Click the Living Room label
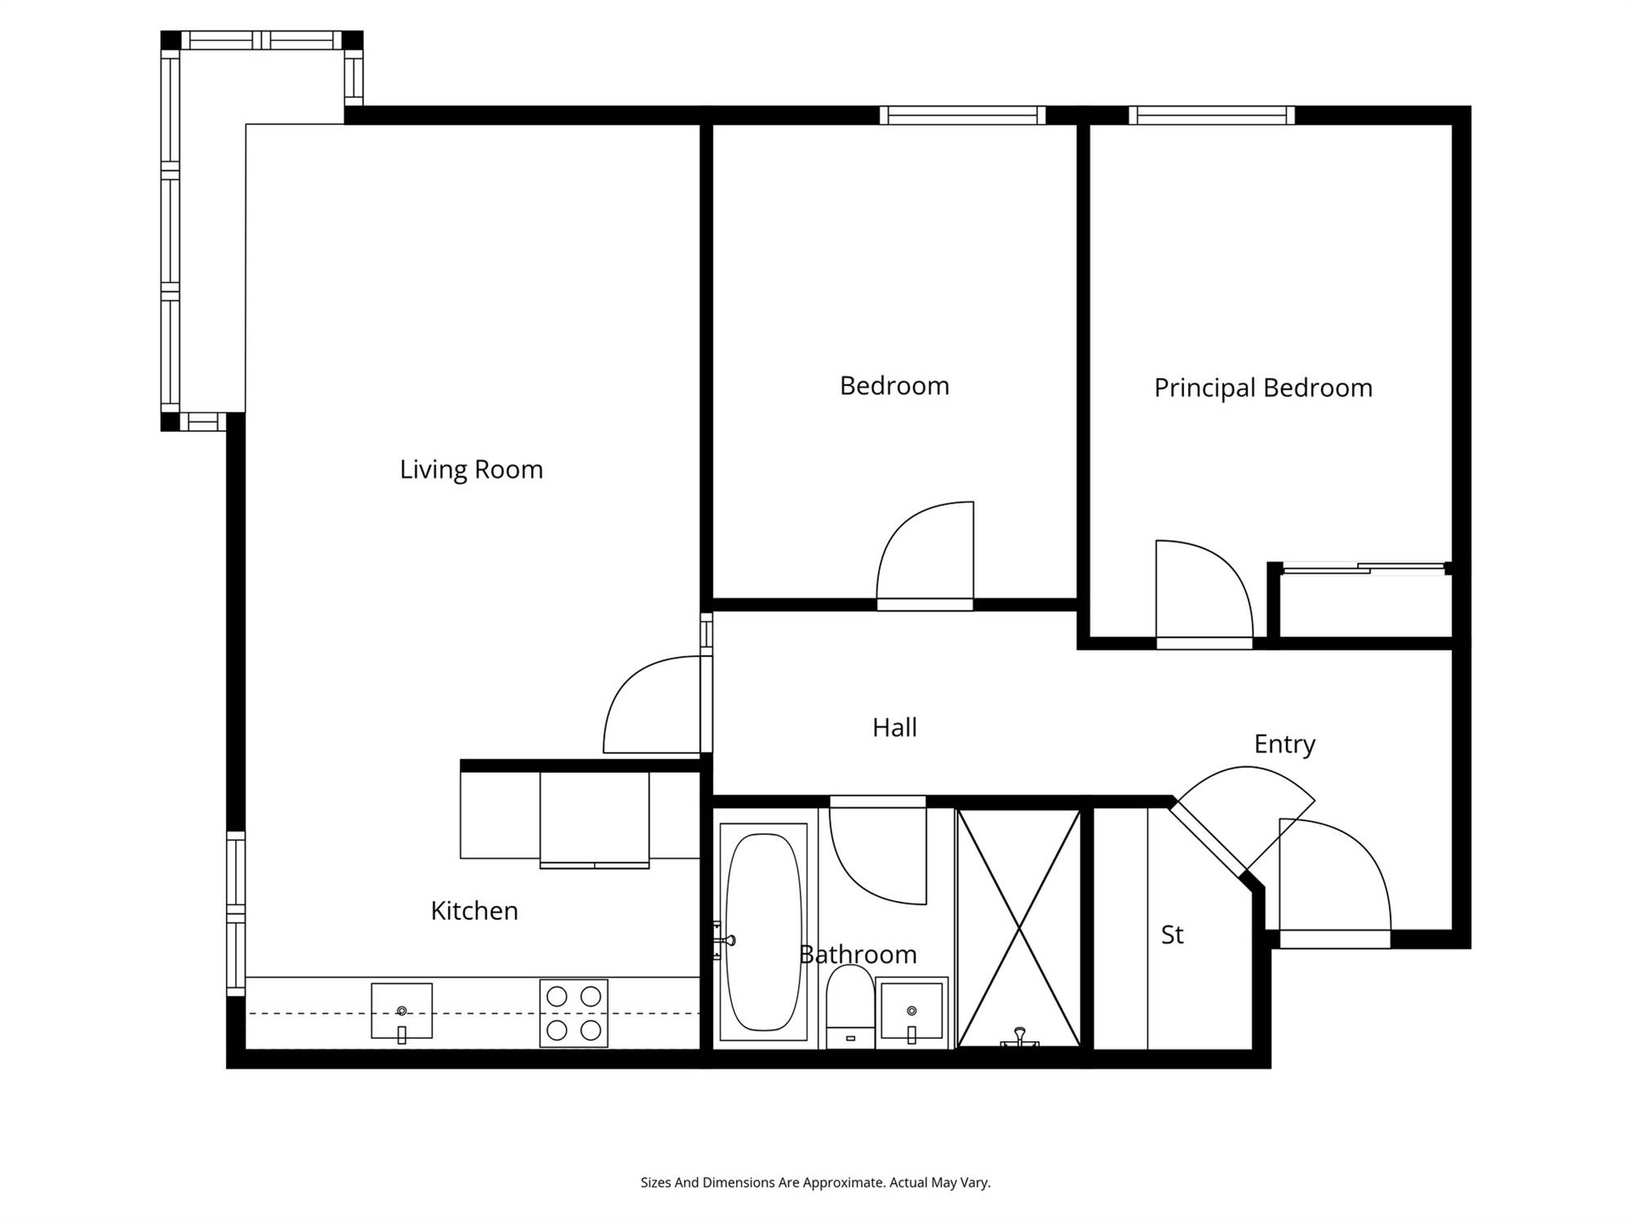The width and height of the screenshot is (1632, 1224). tap(471, 470)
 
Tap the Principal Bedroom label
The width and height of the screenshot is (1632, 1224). tap(1263, 388)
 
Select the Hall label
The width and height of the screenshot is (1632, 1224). tap(894, 727)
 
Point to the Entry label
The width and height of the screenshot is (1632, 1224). tap(1284, 744)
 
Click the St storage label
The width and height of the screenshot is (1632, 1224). tap(1172, 934)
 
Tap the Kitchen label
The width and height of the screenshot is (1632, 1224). tap(474, 911)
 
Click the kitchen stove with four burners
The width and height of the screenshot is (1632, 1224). tap(574, 1013)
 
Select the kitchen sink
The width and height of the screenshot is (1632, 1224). tap(401, 1012)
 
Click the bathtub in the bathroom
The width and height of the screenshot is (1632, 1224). tap(764, 932)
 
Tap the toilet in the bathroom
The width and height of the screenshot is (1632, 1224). tap(850, 1007)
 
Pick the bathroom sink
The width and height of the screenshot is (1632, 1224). tap(911, 1013)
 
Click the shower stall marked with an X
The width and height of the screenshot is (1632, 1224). tap(1019, 928)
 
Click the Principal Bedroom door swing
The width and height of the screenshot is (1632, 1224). tap(1204, 594)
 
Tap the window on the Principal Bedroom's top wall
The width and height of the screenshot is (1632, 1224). tap(1212, 115)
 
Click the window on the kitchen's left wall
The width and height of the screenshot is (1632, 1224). tap(236, 913)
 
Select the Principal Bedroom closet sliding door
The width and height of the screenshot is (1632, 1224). tap(1363, 568)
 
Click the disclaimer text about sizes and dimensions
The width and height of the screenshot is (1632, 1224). tap(815, 1182)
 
